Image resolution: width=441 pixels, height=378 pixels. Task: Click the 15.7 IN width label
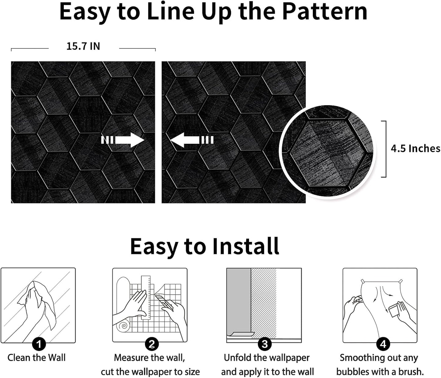83,46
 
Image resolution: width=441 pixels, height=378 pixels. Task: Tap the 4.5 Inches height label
415,149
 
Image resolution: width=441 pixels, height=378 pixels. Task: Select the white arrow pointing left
191,140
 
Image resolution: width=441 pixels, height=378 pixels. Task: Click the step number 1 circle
39,344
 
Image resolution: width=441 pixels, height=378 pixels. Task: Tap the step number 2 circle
152,344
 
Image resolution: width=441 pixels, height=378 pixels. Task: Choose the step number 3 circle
265,344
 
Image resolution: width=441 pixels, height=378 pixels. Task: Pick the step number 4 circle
383,344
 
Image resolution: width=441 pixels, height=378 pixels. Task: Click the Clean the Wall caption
36,358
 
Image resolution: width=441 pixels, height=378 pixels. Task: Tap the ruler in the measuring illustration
146,296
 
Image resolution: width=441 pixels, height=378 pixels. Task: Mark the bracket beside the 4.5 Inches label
385,149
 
